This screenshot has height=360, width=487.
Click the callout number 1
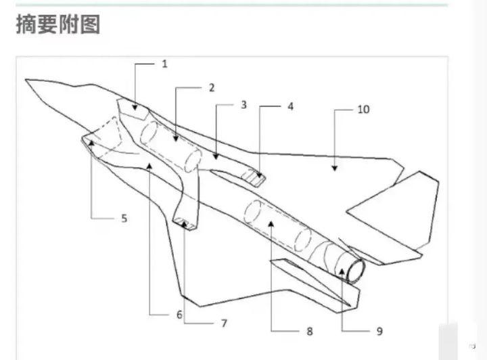coord(164,64)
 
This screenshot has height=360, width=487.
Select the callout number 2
coord(211,88)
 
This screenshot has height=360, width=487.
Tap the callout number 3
coord(244,105)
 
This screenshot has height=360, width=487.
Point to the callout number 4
coord(291,106)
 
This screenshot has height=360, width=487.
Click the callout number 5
coord(124,218)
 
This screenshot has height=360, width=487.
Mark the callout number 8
coord(309,332)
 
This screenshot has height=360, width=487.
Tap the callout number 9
coord(379,331)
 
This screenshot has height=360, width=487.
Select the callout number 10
coord(363,109)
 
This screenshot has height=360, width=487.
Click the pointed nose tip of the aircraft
coord(26,81)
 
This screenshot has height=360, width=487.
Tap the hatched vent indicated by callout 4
coord(254,178)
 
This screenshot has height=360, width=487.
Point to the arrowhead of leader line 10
coord(333,164)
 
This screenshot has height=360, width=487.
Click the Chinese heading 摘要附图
coord(58,24)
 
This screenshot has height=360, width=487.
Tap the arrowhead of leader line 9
coord(343,272)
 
